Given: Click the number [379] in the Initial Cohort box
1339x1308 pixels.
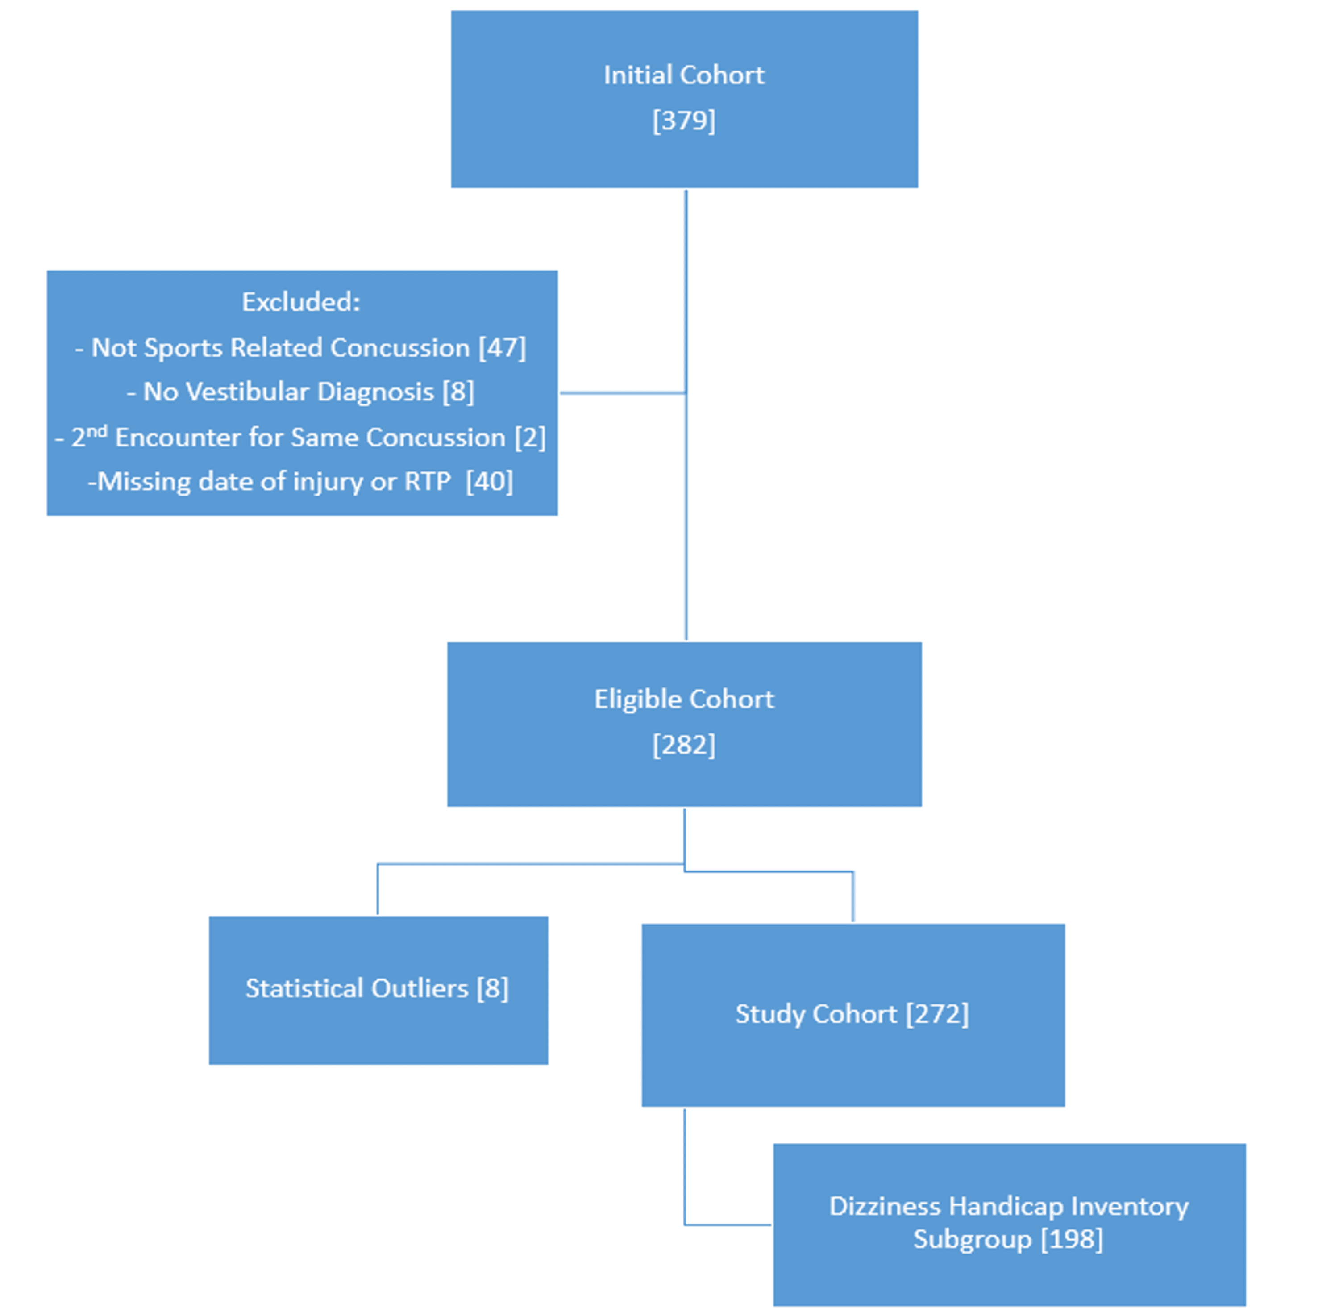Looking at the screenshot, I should point(684,121).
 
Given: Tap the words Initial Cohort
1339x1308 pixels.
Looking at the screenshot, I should point(684,75).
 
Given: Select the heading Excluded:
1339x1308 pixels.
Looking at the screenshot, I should point(301,302).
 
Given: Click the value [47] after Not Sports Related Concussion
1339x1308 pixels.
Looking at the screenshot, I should point(502,348).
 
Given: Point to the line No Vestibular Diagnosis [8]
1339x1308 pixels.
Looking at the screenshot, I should point(301,392).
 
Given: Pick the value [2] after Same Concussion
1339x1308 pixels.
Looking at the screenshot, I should point(530,437).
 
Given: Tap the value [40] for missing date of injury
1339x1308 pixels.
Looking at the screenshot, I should point(489,482).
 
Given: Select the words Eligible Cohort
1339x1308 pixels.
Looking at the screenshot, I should point(684,700).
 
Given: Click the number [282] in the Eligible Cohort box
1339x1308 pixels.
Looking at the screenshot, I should point(684,745).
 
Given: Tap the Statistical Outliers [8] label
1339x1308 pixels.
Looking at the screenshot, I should point(377,988).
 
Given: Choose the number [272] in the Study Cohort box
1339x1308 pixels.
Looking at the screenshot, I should point(937,1014).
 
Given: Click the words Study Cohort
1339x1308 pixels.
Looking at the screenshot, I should point(816,1014).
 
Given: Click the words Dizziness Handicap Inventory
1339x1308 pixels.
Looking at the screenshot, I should point(1009,1206).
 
